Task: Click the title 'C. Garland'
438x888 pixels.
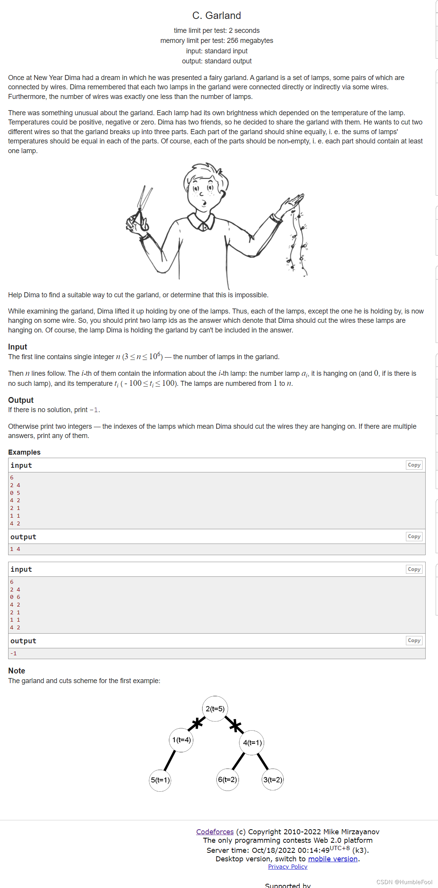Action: [x=216, y=15]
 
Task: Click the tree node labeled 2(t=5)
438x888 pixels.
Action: [x=215, y=709]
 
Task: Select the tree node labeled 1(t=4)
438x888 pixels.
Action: [x=181, y=740]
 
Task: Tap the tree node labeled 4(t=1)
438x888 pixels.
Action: [x=252, y=743]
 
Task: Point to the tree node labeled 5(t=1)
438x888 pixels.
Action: [x=160, y=780]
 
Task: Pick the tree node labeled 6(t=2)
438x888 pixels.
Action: [x=227, y=780]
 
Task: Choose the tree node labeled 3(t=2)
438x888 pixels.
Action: [x=273, y=780]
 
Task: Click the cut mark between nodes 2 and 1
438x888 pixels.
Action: [x=197, y=723]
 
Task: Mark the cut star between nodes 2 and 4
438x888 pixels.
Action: [x=235, y=726]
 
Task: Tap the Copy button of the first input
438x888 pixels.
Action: [x=414, y=465]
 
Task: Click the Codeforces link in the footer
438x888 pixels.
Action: [x=215, y=832]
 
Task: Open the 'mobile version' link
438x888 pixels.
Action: [x=332, y=859]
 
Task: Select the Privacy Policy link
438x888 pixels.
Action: [x=288, y=867]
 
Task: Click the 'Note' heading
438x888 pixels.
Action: [x=17, y=671]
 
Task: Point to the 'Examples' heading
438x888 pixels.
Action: [x=24, y=452]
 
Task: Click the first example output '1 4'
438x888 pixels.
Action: [x=15, y=549]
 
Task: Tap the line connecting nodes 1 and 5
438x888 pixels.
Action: [x=170, y=760]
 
